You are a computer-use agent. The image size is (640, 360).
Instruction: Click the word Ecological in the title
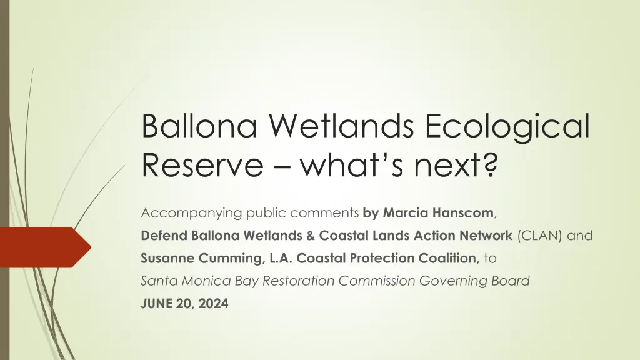click(x=507, y=126)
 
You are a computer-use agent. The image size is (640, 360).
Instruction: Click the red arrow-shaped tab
click(x=46, y=247)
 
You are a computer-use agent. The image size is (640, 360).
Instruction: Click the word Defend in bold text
click(x=164, y=236)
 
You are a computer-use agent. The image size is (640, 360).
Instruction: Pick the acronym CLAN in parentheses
click(x=539, y=236)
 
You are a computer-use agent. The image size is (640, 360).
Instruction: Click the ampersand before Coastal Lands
click(x=310, y=236)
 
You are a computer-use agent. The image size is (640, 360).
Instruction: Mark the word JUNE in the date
click(x=157, y=304)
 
